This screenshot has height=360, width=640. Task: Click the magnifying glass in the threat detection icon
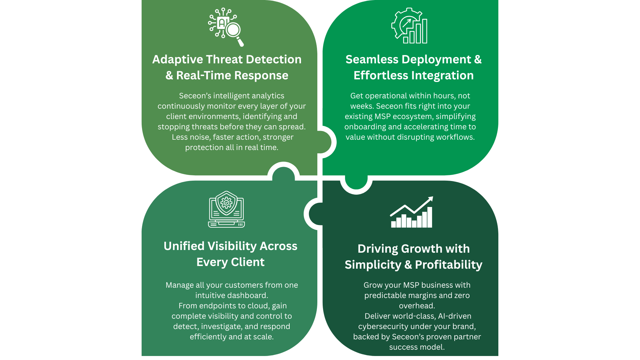tap(233, 30)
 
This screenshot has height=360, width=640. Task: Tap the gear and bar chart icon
tap(409, 26)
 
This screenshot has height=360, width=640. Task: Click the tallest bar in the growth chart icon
tap(430, 217)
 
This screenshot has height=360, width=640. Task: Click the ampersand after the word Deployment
tap(478, 59)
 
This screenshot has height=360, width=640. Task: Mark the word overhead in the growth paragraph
tap(416, 306)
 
